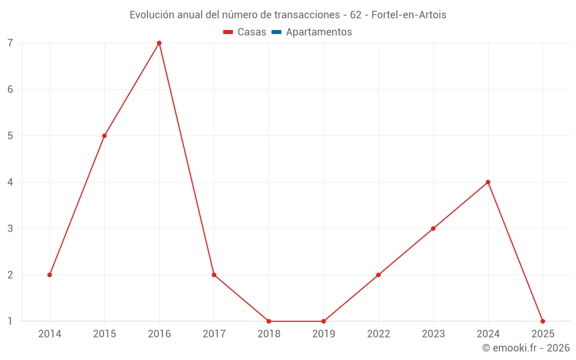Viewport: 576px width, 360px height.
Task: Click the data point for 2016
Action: tap(159, 43)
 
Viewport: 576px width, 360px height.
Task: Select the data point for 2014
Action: tap(50, 275)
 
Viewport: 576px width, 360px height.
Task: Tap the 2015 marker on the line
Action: tap(104, 136)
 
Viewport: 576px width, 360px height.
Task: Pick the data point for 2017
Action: tap(214, 275)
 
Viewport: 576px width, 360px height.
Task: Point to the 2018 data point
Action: tap(269, 321)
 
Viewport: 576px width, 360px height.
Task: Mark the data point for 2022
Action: tap(378, 275)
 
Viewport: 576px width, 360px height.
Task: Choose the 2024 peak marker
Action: tap(488, 182)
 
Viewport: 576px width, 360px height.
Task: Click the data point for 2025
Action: tap(543, 321)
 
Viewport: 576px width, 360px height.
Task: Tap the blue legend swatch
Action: tap(276, 32)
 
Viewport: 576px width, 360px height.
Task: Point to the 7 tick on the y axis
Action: tap(10, 43)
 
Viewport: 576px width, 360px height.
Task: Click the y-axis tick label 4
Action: tap(10, 182)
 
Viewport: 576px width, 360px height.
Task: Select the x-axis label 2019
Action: tap(324, 334)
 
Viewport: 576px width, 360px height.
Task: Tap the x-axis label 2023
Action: tap(433, 334)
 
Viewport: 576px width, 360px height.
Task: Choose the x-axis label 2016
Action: tap(159, 334)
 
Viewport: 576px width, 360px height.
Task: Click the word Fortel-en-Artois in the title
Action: tap(409, 15)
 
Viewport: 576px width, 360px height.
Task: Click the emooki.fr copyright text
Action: tap(526, 348)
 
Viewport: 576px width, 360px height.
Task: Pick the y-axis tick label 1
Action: tap(10, 321)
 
